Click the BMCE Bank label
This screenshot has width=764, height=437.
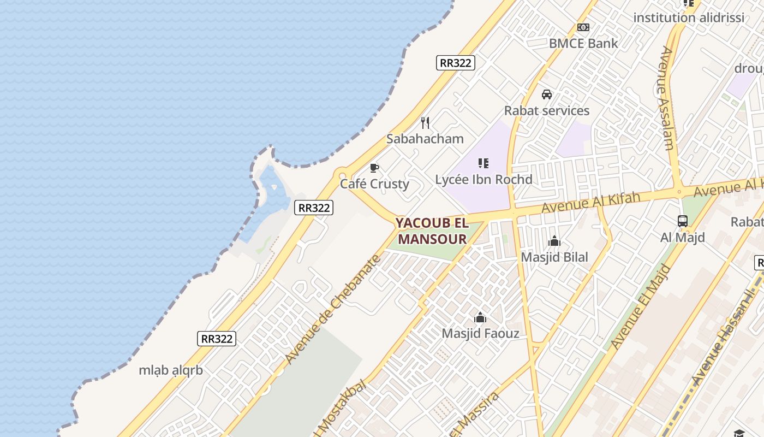[x=583, y=44]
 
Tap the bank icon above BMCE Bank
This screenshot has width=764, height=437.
[x=583, y=27]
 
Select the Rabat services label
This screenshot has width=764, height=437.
[x=546, y=110]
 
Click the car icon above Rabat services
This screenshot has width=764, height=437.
[x=547, y=95]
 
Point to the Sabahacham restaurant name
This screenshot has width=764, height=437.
[x=425, y=139]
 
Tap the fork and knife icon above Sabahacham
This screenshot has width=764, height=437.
[x=425, y=123]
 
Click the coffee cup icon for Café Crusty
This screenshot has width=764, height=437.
[x=374, y=168]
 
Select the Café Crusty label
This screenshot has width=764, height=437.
[x=374, y=184]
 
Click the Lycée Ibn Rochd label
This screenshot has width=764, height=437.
[x=484, y=179]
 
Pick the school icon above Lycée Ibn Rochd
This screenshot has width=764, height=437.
[x=483, y=163]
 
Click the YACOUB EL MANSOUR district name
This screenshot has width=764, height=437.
[x=432, y=231]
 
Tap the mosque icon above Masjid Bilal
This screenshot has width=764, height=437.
[x=554, y=241]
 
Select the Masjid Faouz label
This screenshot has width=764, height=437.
[x=480, y=333]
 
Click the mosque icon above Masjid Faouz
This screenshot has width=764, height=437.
[x=480, y=317]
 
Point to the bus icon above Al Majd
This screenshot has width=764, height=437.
[x=682, y=221]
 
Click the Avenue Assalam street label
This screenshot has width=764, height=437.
[x=667, y=98]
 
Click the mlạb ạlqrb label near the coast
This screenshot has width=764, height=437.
[x=171, y=370]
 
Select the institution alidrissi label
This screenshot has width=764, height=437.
[x=688, y=17]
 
